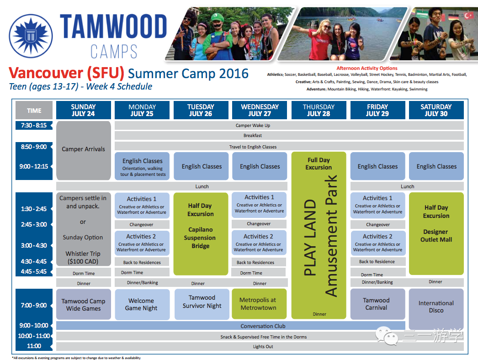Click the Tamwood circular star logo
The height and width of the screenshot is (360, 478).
(x=31, y=36)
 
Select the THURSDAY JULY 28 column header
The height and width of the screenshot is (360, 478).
(x=319, y=110)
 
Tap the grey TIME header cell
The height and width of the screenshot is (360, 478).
(x=34, y=110)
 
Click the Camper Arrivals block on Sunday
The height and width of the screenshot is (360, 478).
(x=84, y=150)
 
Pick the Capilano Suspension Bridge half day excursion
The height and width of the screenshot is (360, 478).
(x=201, y=234)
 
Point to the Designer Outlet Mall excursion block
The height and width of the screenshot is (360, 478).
(x=436, y=233)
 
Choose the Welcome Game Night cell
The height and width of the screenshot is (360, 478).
(x=142, y=304)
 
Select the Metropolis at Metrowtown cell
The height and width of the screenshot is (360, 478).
(x=259, y=304)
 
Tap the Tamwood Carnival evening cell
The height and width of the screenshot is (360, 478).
(x=378, y=304)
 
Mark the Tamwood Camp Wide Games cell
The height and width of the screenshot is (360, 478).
(x=84, y=304)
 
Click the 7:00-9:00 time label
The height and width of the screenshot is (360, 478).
(x=34, y=305)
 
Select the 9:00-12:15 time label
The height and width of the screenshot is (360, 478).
(x=34, y=166)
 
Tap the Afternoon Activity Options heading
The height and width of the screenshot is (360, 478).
(x=367, y=68)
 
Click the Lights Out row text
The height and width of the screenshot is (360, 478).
(x=263, y=347)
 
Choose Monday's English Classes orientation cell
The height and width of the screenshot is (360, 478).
(x=142, y=166)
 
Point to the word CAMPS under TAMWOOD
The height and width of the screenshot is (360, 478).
(x=114, y=51)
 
